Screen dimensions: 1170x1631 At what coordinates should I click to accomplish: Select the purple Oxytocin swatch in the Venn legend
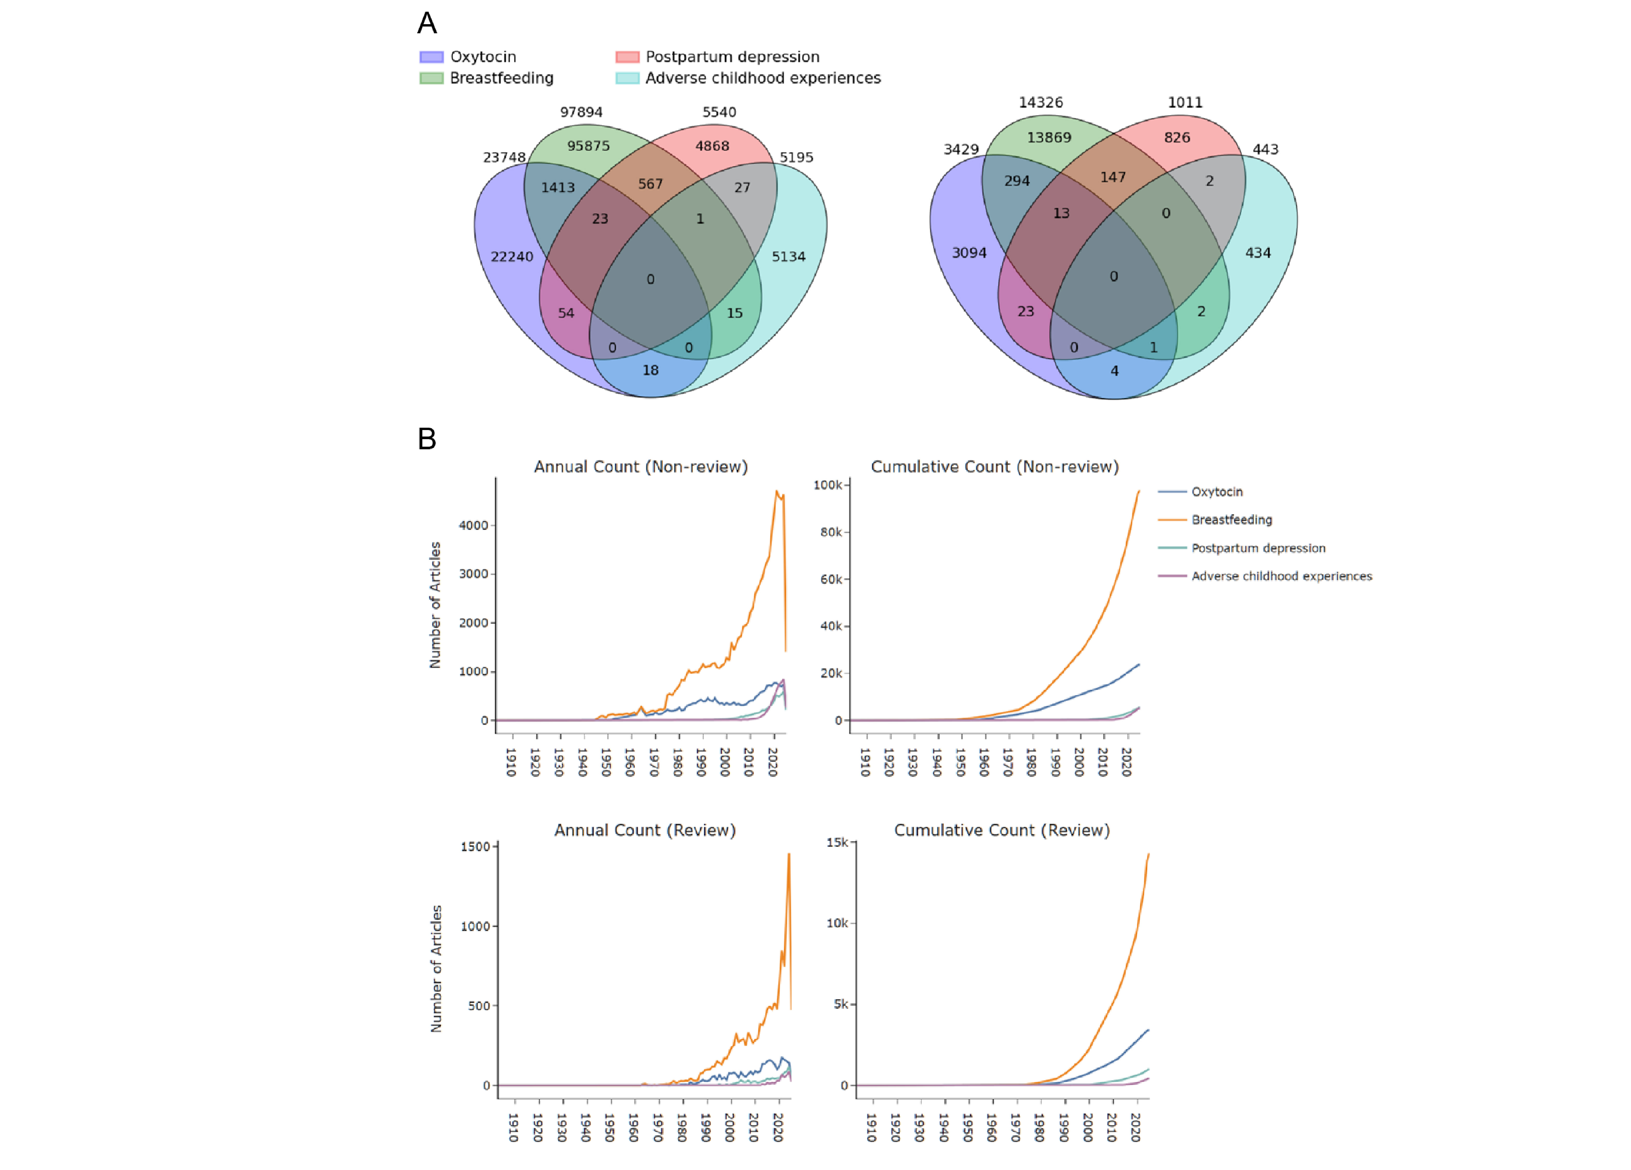pyautogui.click(x=431, y=57)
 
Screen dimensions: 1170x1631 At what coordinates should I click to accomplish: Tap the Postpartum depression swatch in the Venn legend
pyautogui.click(x=627, y=57)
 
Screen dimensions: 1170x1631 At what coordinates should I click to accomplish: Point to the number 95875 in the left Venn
pyautogui.click(x=588, y=146)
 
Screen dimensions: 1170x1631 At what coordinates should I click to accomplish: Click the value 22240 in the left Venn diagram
pyautogui.click(x=512, y=257)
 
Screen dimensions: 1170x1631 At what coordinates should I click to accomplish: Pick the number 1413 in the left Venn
pyautogui.click(x=558, y=188)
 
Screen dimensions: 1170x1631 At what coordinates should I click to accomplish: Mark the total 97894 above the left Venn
pyautogui.click(x=581, y=112)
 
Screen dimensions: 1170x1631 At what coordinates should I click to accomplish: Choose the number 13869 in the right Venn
pyautogui.click(x=1049, y=138)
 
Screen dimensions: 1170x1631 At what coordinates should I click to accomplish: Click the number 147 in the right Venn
pyautogui.click(x=1112, y=177)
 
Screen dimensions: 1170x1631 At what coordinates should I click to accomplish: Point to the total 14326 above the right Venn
pyautogui.click(x=1040, y=103)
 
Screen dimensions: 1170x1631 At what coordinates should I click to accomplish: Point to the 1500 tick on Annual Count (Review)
pyautogui.click(x=475, y=847)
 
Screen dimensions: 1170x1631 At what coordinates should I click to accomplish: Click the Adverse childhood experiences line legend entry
pyautogui.click(x=1281, y=576)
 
